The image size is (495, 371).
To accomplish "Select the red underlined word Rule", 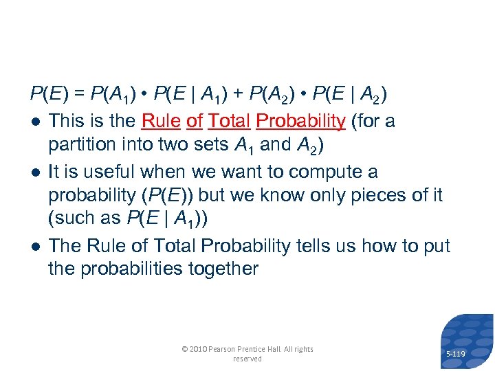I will point(161,122).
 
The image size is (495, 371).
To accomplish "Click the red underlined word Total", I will point(230,122).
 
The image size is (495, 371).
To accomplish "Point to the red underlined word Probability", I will point(300,122).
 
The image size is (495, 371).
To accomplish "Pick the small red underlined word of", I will point(195,122).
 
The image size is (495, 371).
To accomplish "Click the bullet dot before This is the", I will point(34,122).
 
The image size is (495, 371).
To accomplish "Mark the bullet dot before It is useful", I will point(34,172).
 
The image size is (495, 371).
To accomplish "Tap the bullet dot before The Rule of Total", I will point(34,246).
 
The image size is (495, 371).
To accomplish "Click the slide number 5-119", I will point(456,355).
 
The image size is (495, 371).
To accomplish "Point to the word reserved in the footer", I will point(247,359).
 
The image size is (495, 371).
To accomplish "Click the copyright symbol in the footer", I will point(184,349).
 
